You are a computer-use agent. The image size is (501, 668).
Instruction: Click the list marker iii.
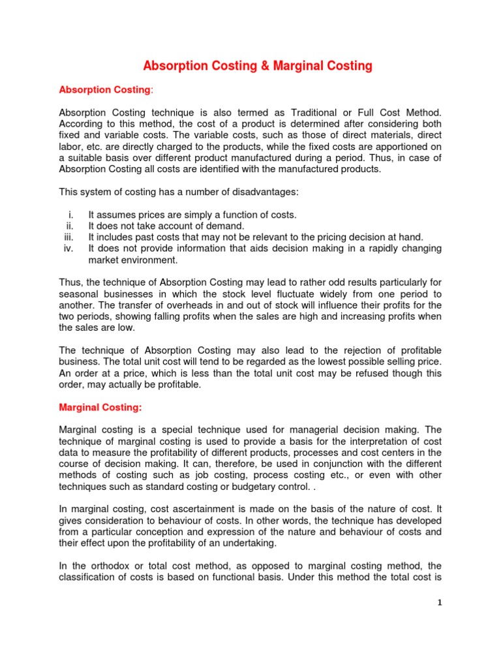(x=72, y=237)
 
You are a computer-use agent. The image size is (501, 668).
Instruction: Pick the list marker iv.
(x=72, y=249)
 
